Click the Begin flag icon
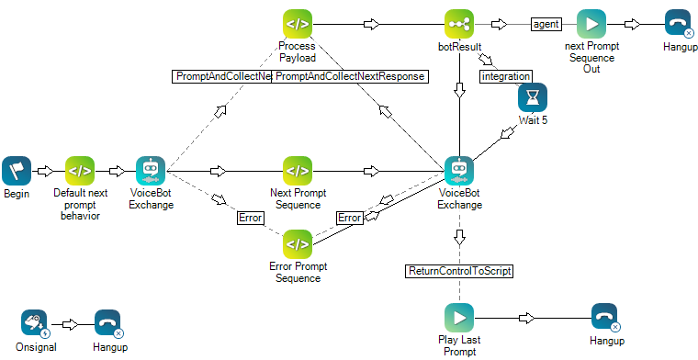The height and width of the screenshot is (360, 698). pos(17,170)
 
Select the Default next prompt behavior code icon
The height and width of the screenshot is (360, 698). pos(80,170)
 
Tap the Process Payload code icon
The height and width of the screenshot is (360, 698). pos(298,24)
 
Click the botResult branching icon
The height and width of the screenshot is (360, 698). pos(458,24)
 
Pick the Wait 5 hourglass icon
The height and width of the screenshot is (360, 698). pos(532,98)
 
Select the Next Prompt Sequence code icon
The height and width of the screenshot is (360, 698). pos(298,170)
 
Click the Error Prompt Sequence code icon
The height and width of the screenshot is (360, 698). pos(298,243)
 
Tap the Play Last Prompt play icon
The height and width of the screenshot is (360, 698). pos(459,318)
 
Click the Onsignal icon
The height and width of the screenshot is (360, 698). pos(35,323)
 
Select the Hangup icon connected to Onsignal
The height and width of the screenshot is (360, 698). pos(108,323)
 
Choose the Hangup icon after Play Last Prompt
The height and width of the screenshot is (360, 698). pos(604,318)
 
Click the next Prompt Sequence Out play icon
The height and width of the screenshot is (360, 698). pos(591,24)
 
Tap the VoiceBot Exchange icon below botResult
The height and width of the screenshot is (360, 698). pos(458,170)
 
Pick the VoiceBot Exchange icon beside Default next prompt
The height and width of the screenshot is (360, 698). pos(151,170)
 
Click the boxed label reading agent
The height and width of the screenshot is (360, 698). pos(546,24)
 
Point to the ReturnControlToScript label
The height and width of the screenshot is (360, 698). pos(458,271)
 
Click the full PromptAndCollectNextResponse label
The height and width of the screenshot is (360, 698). pos(350,76)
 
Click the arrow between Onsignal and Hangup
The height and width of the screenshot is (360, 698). pos(70,323)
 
